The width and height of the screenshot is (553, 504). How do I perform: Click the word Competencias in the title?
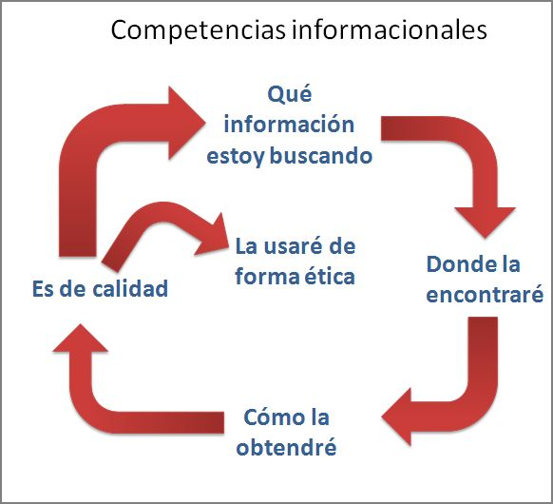(198, 30)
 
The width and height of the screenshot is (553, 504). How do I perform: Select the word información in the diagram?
(289, 125)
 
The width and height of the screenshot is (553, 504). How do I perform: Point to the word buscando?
(321, 155)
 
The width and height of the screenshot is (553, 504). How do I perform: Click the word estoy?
(236, 157)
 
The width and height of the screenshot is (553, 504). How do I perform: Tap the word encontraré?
(485, 295)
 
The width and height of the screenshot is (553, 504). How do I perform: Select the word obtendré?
(286, 447)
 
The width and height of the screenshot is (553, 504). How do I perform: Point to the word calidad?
(130, 288)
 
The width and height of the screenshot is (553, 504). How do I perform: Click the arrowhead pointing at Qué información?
(186, 123)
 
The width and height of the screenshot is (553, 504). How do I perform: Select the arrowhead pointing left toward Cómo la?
(396, 417)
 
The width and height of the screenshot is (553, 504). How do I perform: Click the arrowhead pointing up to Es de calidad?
(81, 338)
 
